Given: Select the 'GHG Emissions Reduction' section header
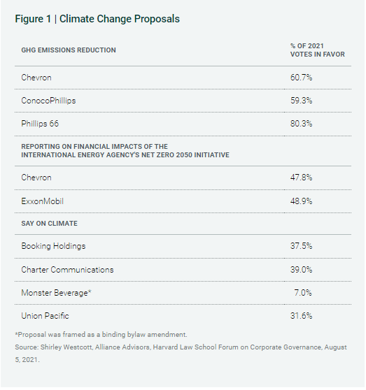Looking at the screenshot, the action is point(69,50).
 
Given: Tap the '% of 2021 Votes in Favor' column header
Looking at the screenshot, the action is point(318,50).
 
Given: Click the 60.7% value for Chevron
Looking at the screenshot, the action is point(301,78).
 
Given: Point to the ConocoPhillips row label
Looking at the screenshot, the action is point(48,101).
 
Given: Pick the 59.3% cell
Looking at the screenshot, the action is point(301,101).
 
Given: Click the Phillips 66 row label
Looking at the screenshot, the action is point(40,124).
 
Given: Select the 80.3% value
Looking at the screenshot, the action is point(301,124).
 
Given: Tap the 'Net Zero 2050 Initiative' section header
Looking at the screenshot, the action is point(125,151).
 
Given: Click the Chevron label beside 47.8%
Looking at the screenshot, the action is point(36,178).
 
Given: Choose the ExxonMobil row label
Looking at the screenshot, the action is point(42,201).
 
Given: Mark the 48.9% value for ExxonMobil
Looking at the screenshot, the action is point(301,201).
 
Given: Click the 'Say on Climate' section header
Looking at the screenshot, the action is point(49,224).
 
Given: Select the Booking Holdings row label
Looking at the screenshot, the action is point(53,246).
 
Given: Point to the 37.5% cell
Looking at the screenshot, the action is point(301,246).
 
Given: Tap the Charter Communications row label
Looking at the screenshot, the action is point(67,270).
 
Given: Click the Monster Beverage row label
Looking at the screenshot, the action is point(56,293).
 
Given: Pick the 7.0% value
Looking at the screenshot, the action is point(303,293).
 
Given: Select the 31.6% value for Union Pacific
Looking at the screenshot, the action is point(301,316).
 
